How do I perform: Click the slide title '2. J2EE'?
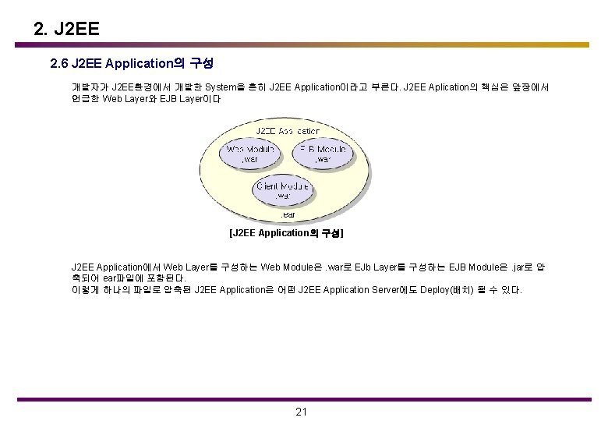point(67,30)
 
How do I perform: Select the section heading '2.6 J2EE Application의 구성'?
point(132,62)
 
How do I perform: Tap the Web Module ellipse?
point(249,153)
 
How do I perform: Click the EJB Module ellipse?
point(323,153)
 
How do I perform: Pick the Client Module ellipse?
point(282,190)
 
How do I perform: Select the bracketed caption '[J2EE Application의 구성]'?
point(286,233)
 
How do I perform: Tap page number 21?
point(302,412)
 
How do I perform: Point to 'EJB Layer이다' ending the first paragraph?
point(192,100)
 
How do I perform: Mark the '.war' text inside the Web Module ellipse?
point(249,159)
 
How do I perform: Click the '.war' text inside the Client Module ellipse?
point(282,196)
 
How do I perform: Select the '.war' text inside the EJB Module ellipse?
point(323,159)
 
